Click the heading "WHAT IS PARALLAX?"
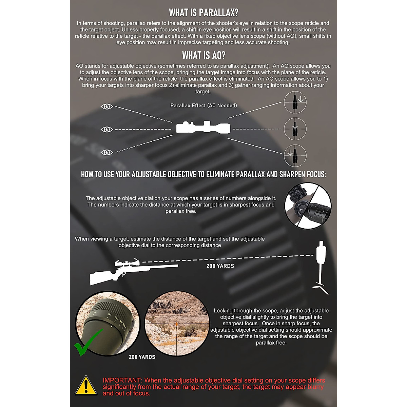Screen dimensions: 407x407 click(203, 13)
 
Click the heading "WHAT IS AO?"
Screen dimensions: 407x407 click(203, 55)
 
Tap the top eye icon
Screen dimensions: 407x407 click(107, 107)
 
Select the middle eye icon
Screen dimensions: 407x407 click(107, 130)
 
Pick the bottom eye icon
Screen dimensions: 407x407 click(107, 152)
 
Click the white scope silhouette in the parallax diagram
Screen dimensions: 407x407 click(203, 128)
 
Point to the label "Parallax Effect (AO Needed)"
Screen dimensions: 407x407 click(203, 105)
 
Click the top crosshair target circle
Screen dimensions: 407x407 click(295, 102)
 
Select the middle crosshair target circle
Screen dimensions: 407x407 click(295, 129)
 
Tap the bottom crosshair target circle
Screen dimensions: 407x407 click(295, 155)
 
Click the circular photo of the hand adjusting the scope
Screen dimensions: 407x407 click(308, 206)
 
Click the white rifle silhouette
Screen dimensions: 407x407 click(132, 271)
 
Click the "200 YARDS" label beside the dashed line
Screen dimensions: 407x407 click(220, 266)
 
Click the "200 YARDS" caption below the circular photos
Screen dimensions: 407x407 click(142, 357)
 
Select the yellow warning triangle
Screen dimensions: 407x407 click(86, 386)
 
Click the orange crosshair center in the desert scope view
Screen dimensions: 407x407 click(177, 324)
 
